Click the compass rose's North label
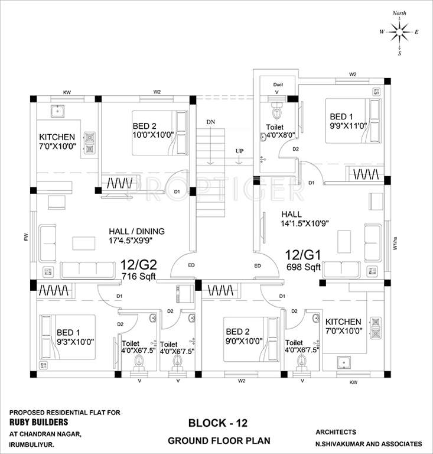[x=400, y=12]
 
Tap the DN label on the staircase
[x=210, y=122]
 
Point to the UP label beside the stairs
[x=239, y=151]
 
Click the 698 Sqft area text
[x=304, y=267]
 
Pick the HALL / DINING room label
[x=136, y=231]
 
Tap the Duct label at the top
[x=278, y=85]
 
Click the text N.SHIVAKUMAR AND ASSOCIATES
[x=369, y=443]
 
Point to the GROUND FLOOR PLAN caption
[x=219, y=440]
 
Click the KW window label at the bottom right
[x=353, y=382]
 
